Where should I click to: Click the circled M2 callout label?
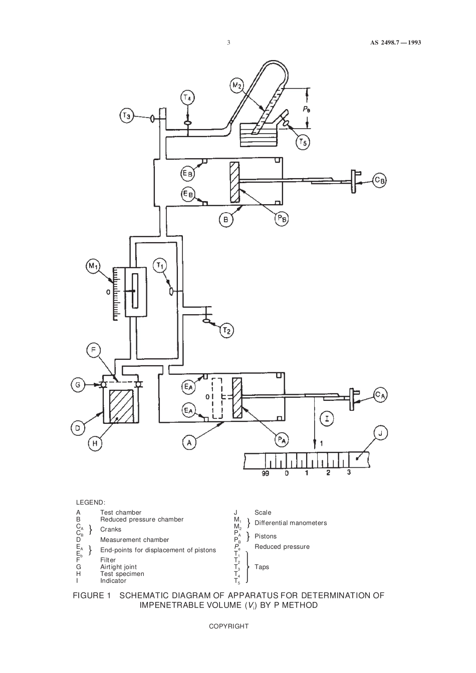click(236, 86)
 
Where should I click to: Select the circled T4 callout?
click(187, 98)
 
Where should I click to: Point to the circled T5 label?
click(303, 143)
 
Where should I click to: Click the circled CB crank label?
click(379, 180)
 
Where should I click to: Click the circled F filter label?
click(94, 350)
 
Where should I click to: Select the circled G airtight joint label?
click(78, 385)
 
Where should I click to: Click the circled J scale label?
click(380, 433)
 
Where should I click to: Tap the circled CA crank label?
click(380, 395)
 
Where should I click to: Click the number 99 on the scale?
click(266, 473)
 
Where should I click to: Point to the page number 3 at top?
click(228, 43)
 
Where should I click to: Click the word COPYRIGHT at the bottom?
click(228, 626)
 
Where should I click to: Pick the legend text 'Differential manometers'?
click(291, 523)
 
